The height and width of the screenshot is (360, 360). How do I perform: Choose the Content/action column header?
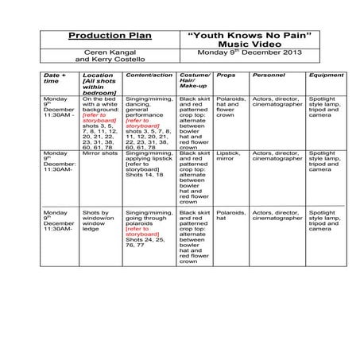pyautogui.click(x=149, y=75)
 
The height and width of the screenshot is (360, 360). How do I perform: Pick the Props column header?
pyautogui.click(x=226, y=75)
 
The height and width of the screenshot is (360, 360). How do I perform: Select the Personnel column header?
pyautogui.click(x=267, y=75)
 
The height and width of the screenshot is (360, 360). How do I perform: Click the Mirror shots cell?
pyautogui.click(x=99, y=152)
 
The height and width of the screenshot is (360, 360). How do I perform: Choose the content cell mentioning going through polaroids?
pyautogui.click(x=149, y=225)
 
